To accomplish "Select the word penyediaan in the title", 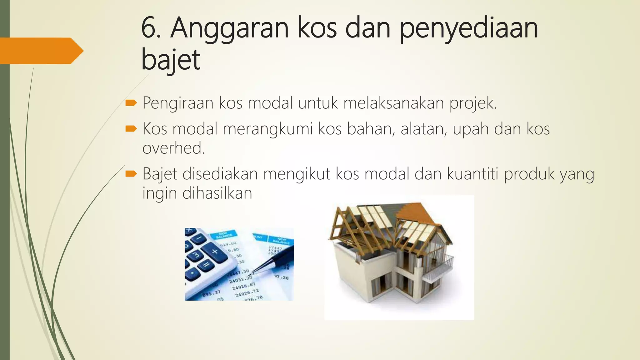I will tap(469, 29).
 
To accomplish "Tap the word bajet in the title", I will tap(171, 60).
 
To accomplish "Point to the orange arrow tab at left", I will tap(41, 51).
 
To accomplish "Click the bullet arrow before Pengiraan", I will tap(131, 103).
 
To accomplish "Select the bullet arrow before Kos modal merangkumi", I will tap(131, 128).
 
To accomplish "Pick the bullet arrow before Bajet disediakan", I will tap(131, 174).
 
